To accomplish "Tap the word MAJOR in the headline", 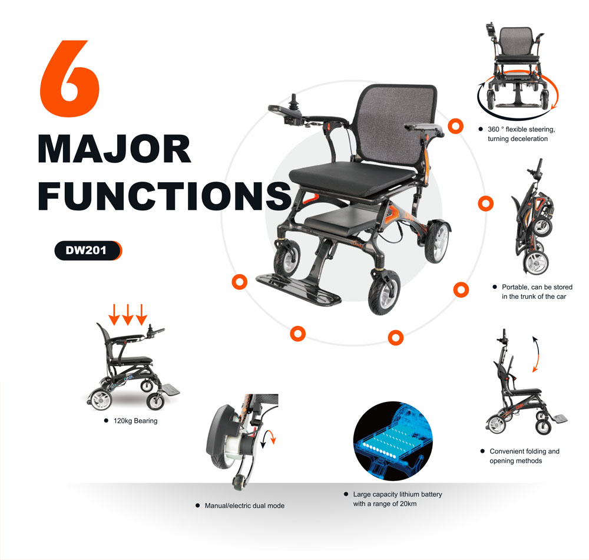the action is (x=115, y=149).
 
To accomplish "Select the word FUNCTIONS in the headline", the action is (x=165, y=196).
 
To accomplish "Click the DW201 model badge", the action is (x=88, y=251).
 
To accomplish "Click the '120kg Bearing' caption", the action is (x=135, y=421).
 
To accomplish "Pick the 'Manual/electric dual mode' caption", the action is (x=244, y=506).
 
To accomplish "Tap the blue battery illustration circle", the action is (x=393, y=441).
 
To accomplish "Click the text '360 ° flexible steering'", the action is (x=521, y=129).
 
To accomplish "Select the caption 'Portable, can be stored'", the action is (x=537, y=287).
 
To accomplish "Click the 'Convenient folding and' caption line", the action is (x=524, y=452).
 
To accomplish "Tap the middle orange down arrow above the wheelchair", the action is (x=128, y=315).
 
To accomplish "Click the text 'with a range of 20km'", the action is (x=385, y=504).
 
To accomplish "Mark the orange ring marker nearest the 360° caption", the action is (x=456, y=126).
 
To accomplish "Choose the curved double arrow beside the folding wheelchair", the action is (x=536, y=354).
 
